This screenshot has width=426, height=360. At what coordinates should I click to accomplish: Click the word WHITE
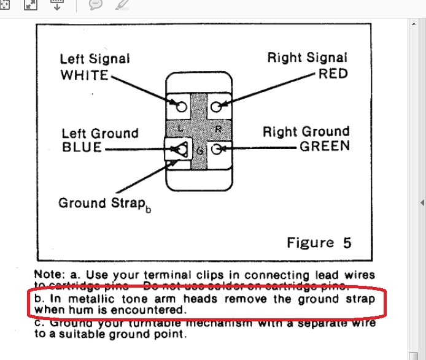pyautogui.click(x=84, y=75)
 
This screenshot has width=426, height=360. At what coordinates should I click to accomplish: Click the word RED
pyautogui.click(x=333, y=74)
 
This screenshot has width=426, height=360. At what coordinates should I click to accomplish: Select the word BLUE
pyautogui.click(x=82, y=148)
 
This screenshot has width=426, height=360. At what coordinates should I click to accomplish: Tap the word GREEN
pyautogui.click(x=325, y=146)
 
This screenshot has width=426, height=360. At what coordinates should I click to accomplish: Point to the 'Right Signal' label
pyautogui.click(x=308, y=58)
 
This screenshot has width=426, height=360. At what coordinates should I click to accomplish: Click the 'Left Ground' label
pyautogui.click(x=100, y=133)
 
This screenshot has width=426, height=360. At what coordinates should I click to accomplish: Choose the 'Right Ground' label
pyautogui.click(x=306, y=131)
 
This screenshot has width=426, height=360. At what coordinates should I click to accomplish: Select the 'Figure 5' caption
pyautogui.click(x=319, y=242)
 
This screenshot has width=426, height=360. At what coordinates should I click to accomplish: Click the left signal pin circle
pyautogui.click(x=181, y=107)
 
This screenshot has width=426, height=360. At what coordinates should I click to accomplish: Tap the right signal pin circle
pyautogui.click(x=216, y=107)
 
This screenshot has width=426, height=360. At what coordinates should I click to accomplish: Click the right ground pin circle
pyautogui.click(x=217, y=148)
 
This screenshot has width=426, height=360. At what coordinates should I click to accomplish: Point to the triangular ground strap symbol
pyautogui.click(x=180, y=148)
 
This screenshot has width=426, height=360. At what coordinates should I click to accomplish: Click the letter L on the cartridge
pyautogui.click(x=179, y=129)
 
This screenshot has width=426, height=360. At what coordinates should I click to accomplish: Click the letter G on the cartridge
pyautogui.click(x=199, y=151)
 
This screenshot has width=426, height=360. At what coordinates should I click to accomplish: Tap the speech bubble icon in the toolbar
pyautogui.click(x=95, y=5)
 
